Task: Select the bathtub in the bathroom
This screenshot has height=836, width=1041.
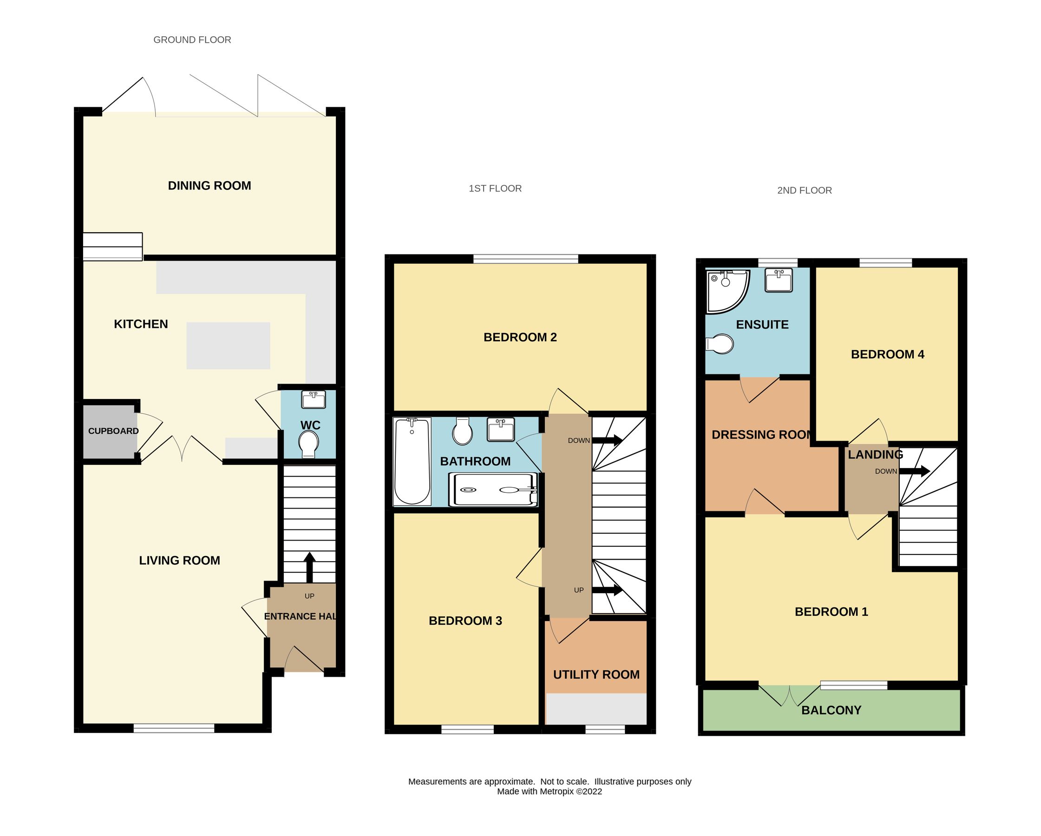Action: (412, 462)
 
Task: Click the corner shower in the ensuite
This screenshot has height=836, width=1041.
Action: (726, 290)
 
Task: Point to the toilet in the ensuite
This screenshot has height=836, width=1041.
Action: (720, 344)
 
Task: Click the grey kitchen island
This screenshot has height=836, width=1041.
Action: (228, 346)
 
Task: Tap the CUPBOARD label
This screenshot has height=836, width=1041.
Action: (113, 431)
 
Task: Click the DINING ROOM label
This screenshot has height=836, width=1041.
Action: (209, 186)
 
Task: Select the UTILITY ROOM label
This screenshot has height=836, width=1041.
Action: (596, 674)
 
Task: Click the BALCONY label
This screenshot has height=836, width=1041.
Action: (831, 710)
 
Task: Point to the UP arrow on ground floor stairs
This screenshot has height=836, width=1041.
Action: (309, 568)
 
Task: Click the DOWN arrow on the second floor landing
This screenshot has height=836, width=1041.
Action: (914, 470)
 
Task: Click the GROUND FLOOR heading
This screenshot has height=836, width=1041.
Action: (192, 40)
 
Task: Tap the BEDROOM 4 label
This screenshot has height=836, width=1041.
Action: (887, 354)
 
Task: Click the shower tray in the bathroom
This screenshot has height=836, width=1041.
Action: (492, 490)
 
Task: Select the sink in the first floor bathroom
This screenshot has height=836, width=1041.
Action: (501, 430)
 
